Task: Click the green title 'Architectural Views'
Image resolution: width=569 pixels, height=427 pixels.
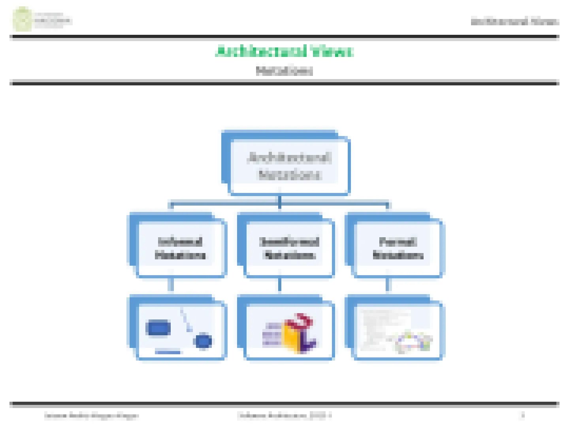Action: (x=284, y=51)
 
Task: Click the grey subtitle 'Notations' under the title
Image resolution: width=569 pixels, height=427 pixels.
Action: (x=284, y=71)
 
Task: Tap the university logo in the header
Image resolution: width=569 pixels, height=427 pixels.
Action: (x=22, y=19)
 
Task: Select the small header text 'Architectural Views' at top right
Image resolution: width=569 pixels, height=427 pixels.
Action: (x=514, y=22)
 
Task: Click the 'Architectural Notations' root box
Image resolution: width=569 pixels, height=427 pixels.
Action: (x=289, y=166)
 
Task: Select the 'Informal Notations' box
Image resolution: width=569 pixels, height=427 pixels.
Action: (x=181, y=248)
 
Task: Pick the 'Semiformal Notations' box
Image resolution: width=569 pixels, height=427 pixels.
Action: (x=289, y=248)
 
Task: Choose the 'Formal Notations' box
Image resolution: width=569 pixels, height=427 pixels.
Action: (x=398, y=248)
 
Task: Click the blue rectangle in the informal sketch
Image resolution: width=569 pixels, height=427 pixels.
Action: (x=158, y=328)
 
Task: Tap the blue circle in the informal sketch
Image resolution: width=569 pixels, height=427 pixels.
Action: (x=203, y=341)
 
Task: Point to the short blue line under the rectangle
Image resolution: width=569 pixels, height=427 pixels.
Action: (x=168, y=352)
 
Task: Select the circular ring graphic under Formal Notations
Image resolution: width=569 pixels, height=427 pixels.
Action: (x=413, y=342)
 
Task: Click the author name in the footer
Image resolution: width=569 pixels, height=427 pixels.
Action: (x=91, y=416)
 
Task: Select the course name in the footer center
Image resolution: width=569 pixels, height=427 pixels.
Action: (x=284, y=416)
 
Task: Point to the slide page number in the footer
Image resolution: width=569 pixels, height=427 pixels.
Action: (x=523, y=415)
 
